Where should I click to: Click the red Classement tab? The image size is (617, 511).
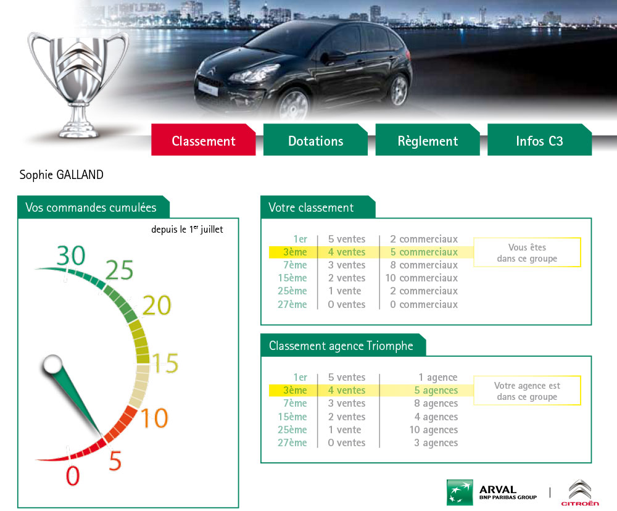tap(204, 139)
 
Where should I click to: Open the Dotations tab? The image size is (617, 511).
tap(315, 139)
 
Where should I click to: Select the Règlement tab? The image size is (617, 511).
tap(428, 139)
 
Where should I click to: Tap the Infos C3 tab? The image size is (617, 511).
tap(539, 139)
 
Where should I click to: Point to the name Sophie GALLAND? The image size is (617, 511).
tap(61, 175)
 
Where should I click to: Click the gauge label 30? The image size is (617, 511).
tap(71, 255)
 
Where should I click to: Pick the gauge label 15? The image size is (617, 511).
tap(165, 363)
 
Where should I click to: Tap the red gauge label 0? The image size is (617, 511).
tap(73, 475)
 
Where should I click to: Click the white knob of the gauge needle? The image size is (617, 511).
tap(52, 364)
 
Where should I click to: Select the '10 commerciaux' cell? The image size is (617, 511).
tap(421, 278)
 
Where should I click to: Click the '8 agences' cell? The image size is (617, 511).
tap(436, 403)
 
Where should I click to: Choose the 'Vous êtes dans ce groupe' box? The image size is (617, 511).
tap(528, 252)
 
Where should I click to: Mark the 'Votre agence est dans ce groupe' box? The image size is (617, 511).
tap(528, 391)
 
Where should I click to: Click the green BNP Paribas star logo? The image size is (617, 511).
tap(460, 492)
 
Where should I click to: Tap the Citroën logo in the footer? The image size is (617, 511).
tap(580, 492)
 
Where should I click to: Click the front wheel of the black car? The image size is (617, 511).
tap(293, 104)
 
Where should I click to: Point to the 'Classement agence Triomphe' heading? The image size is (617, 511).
tap(341, 346)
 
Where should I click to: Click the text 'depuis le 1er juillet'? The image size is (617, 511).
tap(187, 229)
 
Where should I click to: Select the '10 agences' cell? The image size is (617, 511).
tap(433, 430)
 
